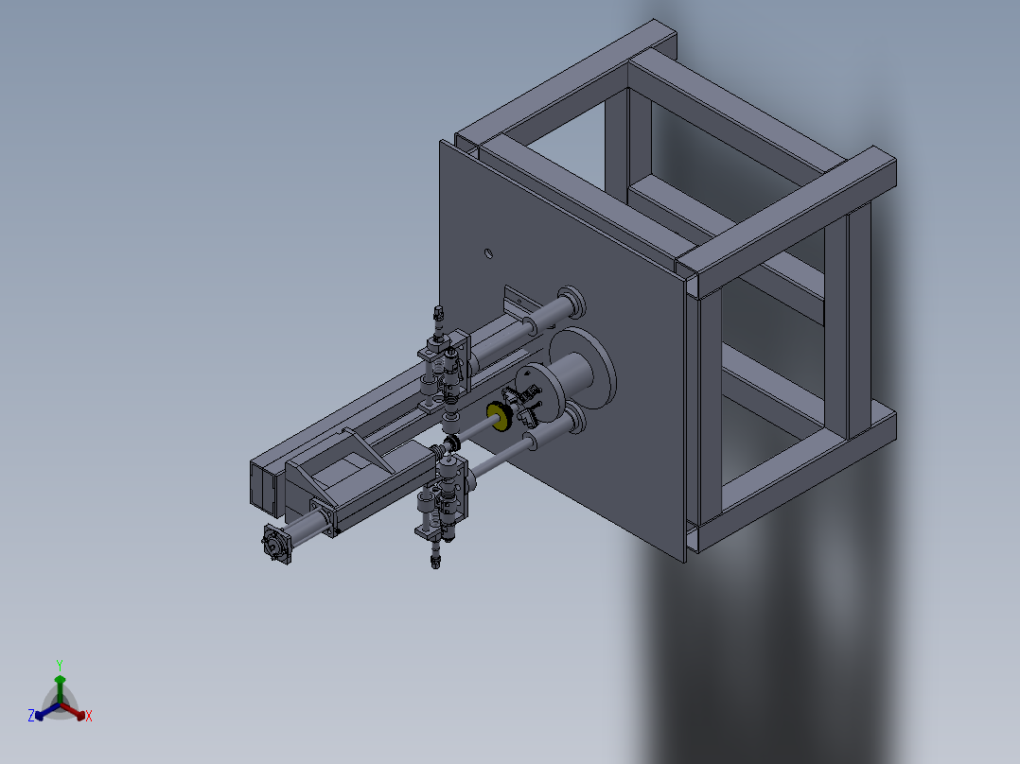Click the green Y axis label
pyautogui.click(x=59, y=665)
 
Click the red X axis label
pyautogui.click(x=89, y=717)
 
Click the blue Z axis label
pyautogui.click(x=30, y=717)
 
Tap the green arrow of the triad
pyautogui.click(x=60, y=683)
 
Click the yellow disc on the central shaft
pyautogui.click(x=496, y=414)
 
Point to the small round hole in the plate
pyautogui.click(x=487, y=253)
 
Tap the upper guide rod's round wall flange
pyautogui.click(x=572, y=304)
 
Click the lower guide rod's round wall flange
pyautogui.click(x=574, y=420)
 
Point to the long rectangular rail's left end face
pyautogui.click(x=259, y=483)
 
